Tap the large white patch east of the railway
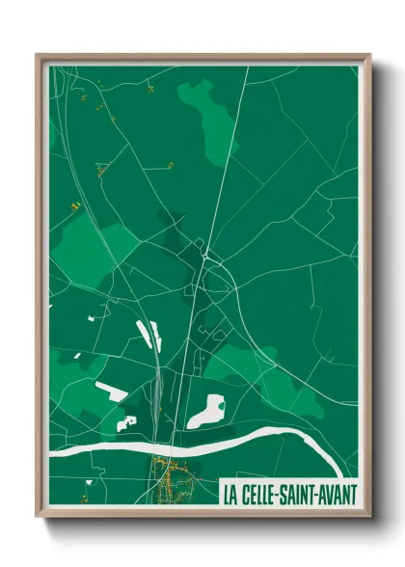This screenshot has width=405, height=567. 206,410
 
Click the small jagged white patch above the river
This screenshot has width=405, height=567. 126,421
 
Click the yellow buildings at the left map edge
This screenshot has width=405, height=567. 73,206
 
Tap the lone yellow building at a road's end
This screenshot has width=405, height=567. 170,165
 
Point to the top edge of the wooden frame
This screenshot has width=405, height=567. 202,56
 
